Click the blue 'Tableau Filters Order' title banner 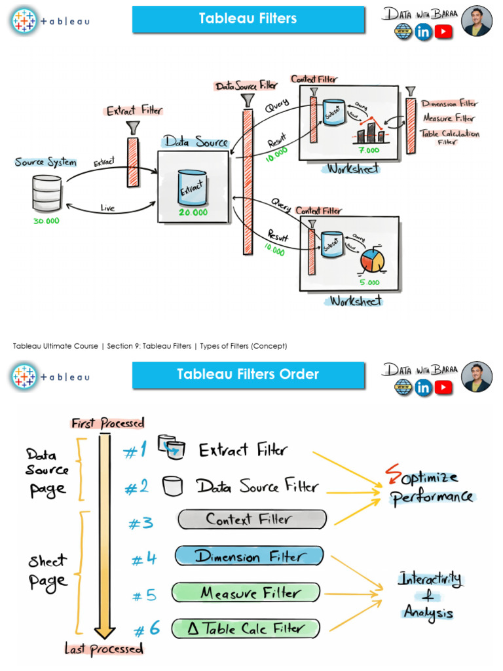pyautogui.click(x=248, y=375)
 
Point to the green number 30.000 pyautogui.click(x=46, y=221)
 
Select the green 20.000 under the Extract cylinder pyautogui.click(x=193, y=212)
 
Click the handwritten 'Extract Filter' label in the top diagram pyautogui.click(x=134, y=111)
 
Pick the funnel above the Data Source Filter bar pyautogui.click(x=247, y=100)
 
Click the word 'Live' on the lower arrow pyautogui.click(x=107, y=208)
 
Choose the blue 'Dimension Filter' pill pyautogui.click(x=249, y=556)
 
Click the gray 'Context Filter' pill pyautogui.click(x=251, y=520)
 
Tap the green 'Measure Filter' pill pyautogui.click(x=247, y=593)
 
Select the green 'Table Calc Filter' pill pyautogui.click(x=247, y=629)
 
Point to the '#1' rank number pyautogui.click(x=136, y=451)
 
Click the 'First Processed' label pyautogui.click(x=108, y=423)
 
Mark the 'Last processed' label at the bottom pyautogui.click(x=103, y=649)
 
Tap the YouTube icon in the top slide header pyautogui.click(x=443, y=31)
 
